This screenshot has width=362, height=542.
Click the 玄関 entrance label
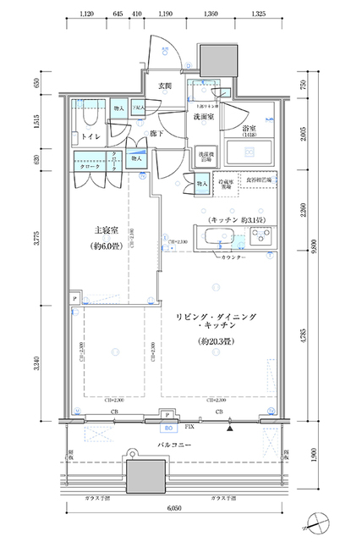tap(165, 86)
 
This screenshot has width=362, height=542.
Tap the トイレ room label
tap(89, 135)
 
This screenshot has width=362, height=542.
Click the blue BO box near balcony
tap(170, 426)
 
